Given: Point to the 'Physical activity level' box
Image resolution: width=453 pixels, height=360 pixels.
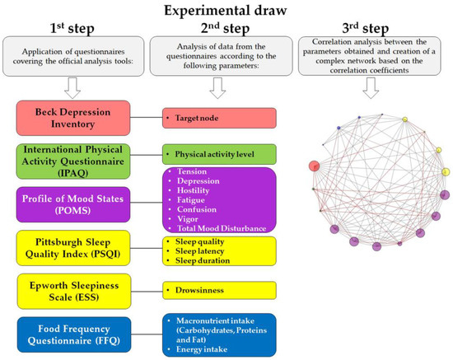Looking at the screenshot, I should [x=217, y=153].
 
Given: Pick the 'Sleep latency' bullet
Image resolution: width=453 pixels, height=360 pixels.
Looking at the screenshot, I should [x=201, y=250].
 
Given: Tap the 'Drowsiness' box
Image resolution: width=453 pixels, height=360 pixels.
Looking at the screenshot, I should [x=217, y=290].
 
